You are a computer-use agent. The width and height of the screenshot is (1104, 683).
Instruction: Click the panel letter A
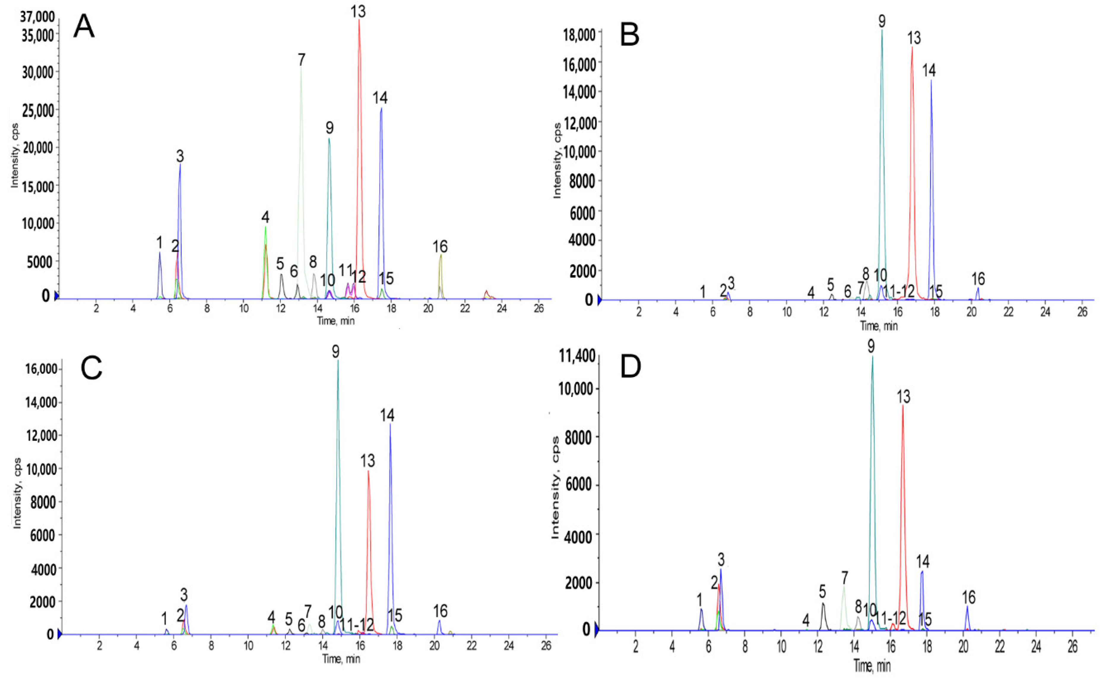84,27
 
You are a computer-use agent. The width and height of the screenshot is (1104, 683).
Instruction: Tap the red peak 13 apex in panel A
359,20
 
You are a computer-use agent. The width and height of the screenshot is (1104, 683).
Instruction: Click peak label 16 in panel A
440,247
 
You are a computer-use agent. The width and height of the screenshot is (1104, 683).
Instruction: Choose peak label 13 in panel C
368,461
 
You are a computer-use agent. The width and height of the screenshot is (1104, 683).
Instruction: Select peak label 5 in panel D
822,591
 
